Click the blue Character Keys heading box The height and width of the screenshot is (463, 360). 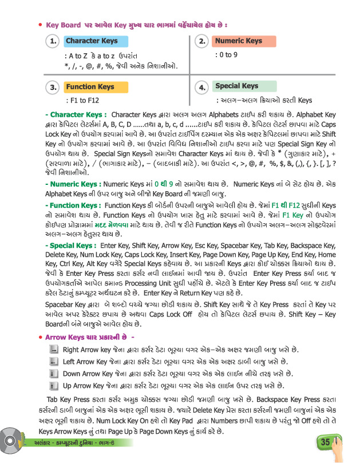tap(92, 41)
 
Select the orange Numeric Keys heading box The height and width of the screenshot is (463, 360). tap(238, 41)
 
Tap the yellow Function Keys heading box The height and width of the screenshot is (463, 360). tap(90, 87)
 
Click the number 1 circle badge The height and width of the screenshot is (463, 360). tap(53, 41)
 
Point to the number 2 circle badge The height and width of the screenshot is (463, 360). tap(201, 41)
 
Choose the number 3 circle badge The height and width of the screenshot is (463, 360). tap(53, 88)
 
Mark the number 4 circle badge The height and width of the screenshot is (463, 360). tap(201, 88)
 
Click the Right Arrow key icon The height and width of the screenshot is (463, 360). tap(53, 349)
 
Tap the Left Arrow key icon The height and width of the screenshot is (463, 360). tap(53, 362)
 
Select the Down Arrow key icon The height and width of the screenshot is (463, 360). tap(53, 374)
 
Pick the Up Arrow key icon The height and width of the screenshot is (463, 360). tap(53, 386)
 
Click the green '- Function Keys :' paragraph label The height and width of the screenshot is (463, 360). tap(74, 205)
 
